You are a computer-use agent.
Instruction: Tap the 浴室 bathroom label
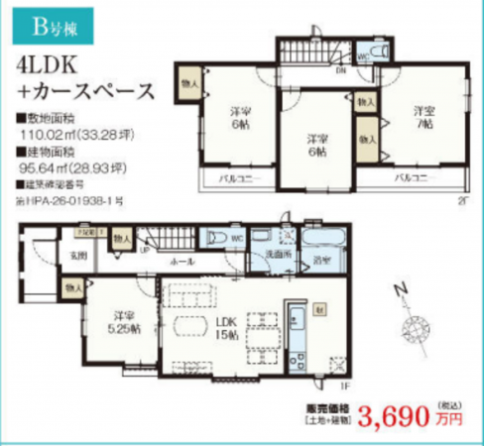click(321, 261)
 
